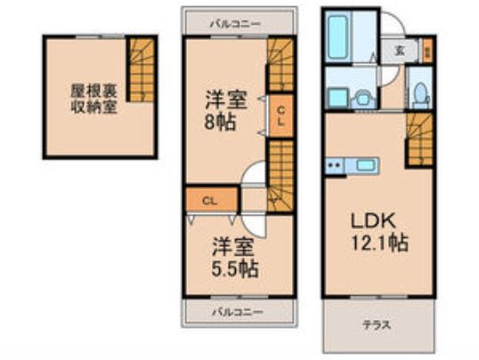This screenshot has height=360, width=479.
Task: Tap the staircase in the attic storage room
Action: pos(141,69)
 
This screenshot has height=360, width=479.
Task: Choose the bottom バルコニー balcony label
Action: pos(237,312)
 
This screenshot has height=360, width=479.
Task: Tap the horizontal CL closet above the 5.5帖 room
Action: pos(209,200)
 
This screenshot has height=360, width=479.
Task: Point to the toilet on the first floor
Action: pos(419,91)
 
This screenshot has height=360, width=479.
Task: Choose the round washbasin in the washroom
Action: pos(363,95)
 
